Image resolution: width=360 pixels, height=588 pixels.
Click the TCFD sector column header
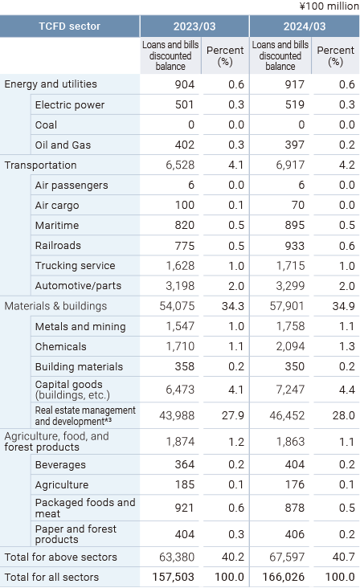pos(69,27)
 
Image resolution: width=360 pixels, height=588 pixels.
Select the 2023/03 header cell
pos(194,27)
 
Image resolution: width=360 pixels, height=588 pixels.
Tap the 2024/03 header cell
pos(305,27)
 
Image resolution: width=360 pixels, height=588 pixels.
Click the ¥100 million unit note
pos(329,6)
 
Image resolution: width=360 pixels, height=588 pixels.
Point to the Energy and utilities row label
pos(51,84)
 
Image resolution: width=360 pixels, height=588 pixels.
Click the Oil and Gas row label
pos(63,145)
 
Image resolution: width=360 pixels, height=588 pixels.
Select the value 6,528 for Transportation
pos(180,165)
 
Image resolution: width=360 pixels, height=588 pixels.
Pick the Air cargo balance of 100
pos(185,205)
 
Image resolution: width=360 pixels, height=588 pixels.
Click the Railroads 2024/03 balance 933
pos(295,246)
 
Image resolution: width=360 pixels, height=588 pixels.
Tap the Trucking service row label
pos(75,266)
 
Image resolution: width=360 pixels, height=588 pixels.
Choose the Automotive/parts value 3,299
pos(290,286)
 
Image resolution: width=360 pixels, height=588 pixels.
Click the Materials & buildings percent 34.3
pos(233,306)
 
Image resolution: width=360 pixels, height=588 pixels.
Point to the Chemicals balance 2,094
pos(290,346)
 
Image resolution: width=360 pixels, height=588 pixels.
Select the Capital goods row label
pos(72,390)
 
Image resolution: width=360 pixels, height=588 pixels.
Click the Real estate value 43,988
pos(177,415)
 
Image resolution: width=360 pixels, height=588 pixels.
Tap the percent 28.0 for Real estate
pos(343,415)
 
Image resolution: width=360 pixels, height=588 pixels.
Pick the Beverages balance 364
pos(185,464)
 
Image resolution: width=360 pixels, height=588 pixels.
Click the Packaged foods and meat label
pos(85,508)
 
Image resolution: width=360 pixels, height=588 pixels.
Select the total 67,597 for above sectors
pos(287,557)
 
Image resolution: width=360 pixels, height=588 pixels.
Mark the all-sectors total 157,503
pos(174,577)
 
